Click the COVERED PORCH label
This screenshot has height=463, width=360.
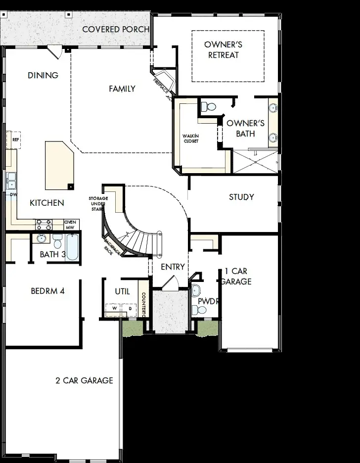(x=116, y=29)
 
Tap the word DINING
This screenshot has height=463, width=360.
(x=43, y=75)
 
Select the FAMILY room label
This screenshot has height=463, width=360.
(x=122, y=89)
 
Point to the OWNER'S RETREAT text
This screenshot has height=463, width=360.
(x=223, y=50)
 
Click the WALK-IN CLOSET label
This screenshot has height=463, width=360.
(x=190, y=138)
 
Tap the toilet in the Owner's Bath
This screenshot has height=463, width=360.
(x=209, y=106)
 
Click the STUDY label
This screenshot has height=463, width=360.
(x=241, y=197)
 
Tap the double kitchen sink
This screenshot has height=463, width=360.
(x=11, y=181)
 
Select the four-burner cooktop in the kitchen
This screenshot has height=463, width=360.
(x=44, y=225)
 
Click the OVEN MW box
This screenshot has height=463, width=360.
(x=70, y=225)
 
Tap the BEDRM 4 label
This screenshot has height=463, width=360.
(x=47, y=291)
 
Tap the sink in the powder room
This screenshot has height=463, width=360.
(x=197, y=290)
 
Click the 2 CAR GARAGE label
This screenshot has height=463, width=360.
(x=84, y=380)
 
